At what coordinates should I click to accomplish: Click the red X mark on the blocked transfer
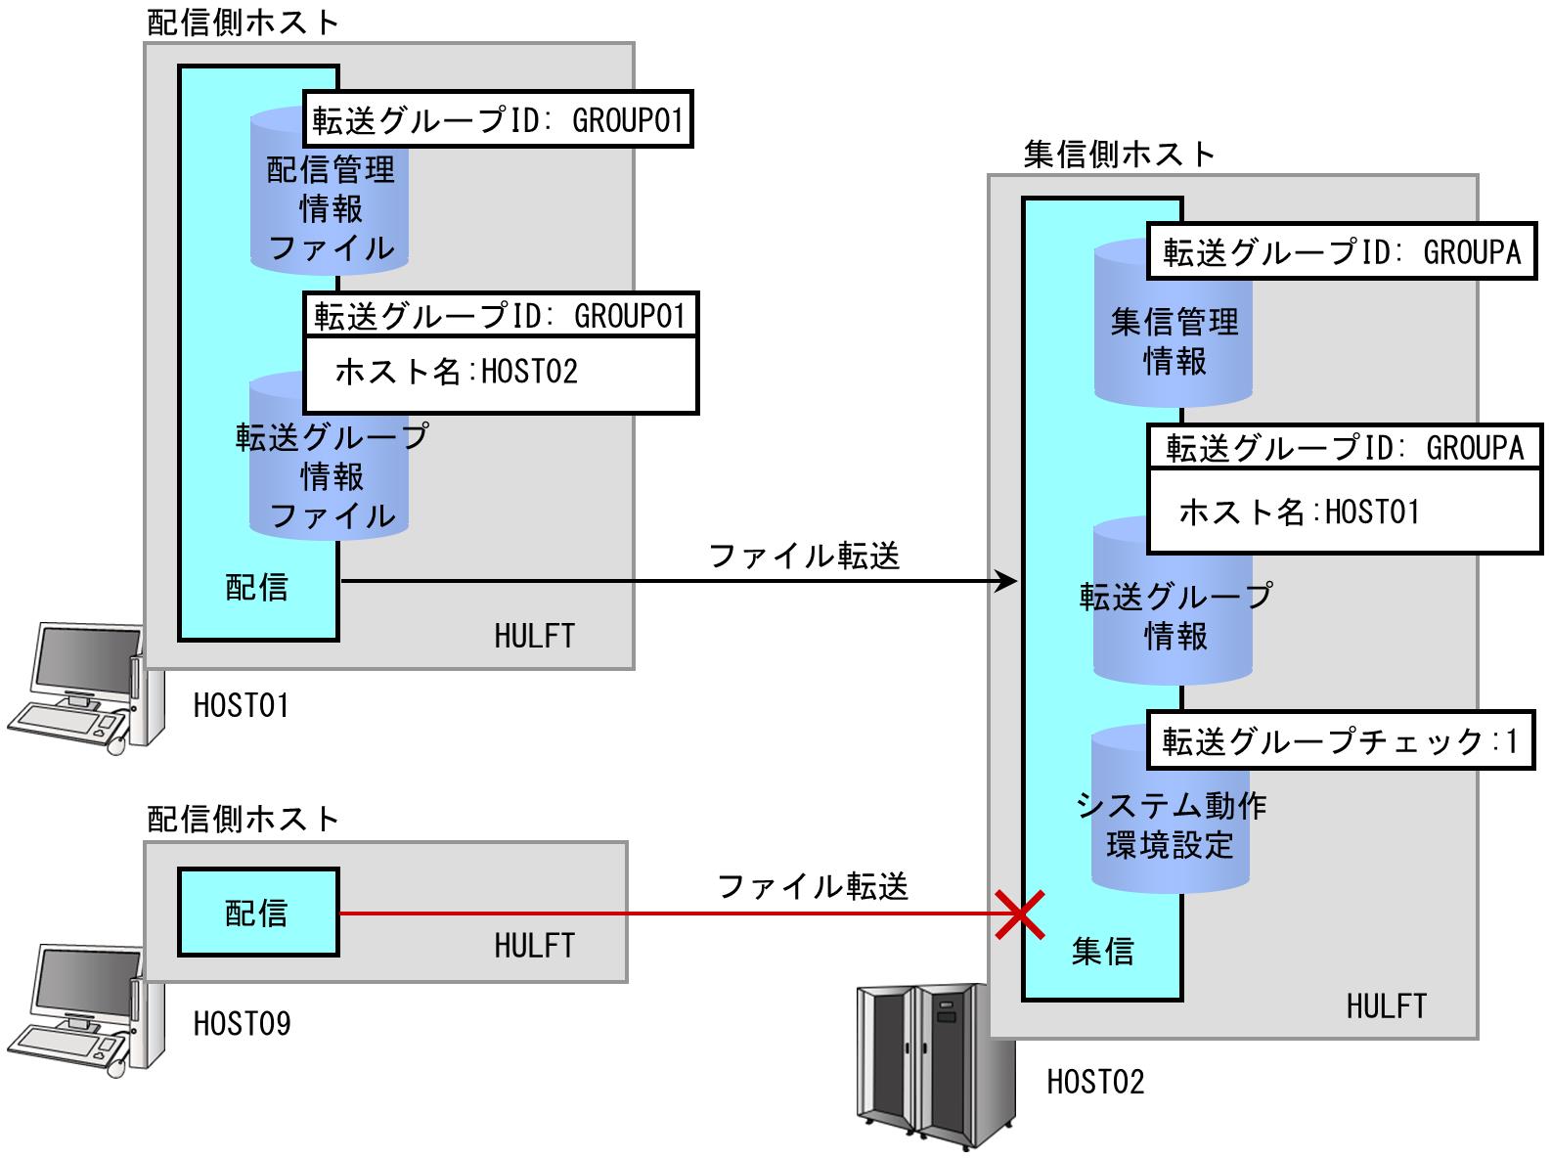[1020, 914]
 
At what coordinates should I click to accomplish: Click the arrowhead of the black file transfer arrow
[1006, 581]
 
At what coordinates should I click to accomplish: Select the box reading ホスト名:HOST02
[501, 374]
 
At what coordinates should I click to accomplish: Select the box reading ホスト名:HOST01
[1344, 512]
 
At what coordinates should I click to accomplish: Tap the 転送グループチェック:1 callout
[1341, 740]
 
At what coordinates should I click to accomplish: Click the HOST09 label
[243, 1023]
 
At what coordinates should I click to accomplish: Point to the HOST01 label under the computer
[242, 705]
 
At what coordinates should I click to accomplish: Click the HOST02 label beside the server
[1095, 1082]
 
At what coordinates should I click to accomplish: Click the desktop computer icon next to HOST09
[86, 1010]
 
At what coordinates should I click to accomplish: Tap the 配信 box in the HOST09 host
[258, 913]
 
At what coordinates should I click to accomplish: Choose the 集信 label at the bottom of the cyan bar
[1103, 952]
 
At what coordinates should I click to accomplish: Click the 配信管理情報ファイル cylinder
[330, 191]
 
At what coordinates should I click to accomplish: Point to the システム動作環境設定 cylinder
[1171, 810]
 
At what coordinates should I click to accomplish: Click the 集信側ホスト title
[1120, 155]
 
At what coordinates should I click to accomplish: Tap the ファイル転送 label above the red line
[813, 886]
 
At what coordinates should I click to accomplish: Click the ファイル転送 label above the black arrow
[804, 557]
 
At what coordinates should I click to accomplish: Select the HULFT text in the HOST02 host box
[1387, 1006]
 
